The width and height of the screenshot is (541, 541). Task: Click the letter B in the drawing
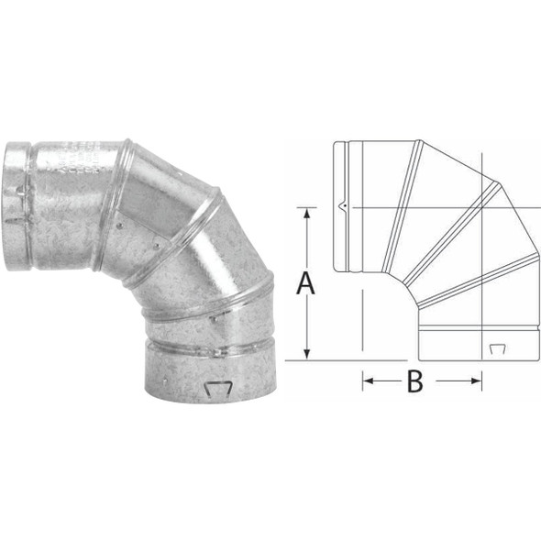point(414,382)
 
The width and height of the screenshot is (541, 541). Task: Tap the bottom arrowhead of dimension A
point(307,356)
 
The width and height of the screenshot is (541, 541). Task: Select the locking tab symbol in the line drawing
point(497,348)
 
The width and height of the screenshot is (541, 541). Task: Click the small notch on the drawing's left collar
point(340,211)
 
